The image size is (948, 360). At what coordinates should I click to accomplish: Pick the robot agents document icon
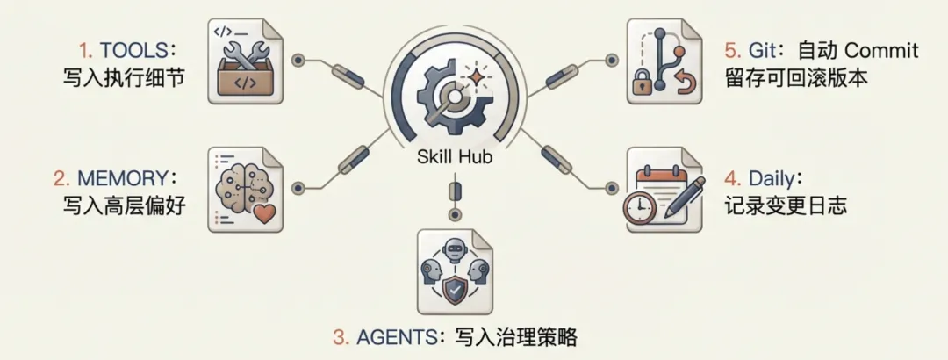(454, 272)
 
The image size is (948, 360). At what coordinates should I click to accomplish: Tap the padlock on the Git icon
(642, 84)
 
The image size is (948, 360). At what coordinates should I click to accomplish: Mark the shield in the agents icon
(454, 290)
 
